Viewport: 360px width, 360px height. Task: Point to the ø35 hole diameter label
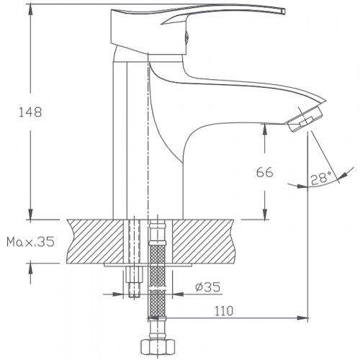pos(207,288)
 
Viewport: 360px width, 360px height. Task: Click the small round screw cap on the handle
pos(189,34)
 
